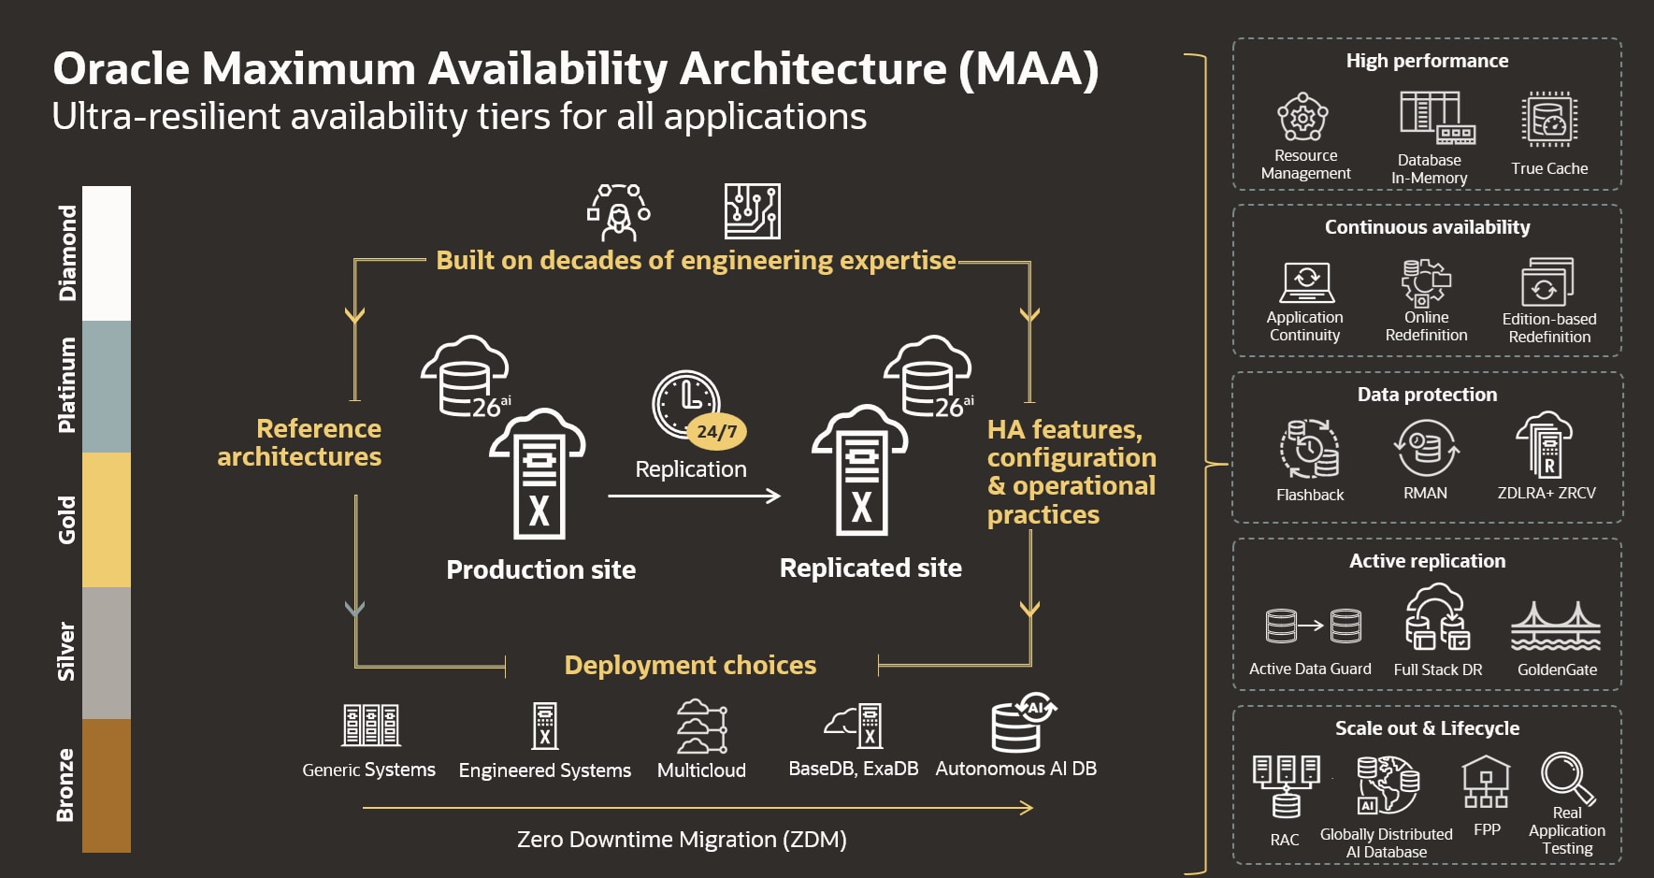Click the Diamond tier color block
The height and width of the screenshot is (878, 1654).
(107, 253)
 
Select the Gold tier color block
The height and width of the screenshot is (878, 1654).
(107, 520)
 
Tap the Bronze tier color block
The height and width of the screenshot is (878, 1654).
(107, 785)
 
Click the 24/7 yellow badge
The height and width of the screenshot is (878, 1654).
(717, 432)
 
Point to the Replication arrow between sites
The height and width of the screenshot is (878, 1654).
(694, 496)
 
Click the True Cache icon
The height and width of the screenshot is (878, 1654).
(1549, 120)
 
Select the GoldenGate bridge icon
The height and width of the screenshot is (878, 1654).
(1556, 626)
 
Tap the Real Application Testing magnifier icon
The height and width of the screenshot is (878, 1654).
(1567, 778)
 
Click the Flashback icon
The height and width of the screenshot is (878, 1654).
(1309, 449)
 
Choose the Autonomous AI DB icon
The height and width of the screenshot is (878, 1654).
(1022, 723)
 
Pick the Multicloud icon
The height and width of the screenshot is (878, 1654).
(701, 727)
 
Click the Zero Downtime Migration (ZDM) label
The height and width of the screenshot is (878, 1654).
(682, 840)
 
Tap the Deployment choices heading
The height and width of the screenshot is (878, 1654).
(690, 665)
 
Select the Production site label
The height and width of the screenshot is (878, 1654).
(540, 569)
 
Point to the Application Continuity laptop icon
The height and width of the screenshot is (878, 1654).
(1305, 281)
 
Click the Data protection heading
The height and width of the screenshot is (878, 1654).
(1427, 395)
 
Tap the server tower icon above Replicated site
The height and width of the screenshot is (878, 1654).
(860, 472)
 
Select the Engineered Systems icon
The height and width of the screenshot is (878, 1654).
(545, 726)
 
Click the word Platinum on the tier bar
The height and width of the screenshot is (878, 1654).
(67, 385)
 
